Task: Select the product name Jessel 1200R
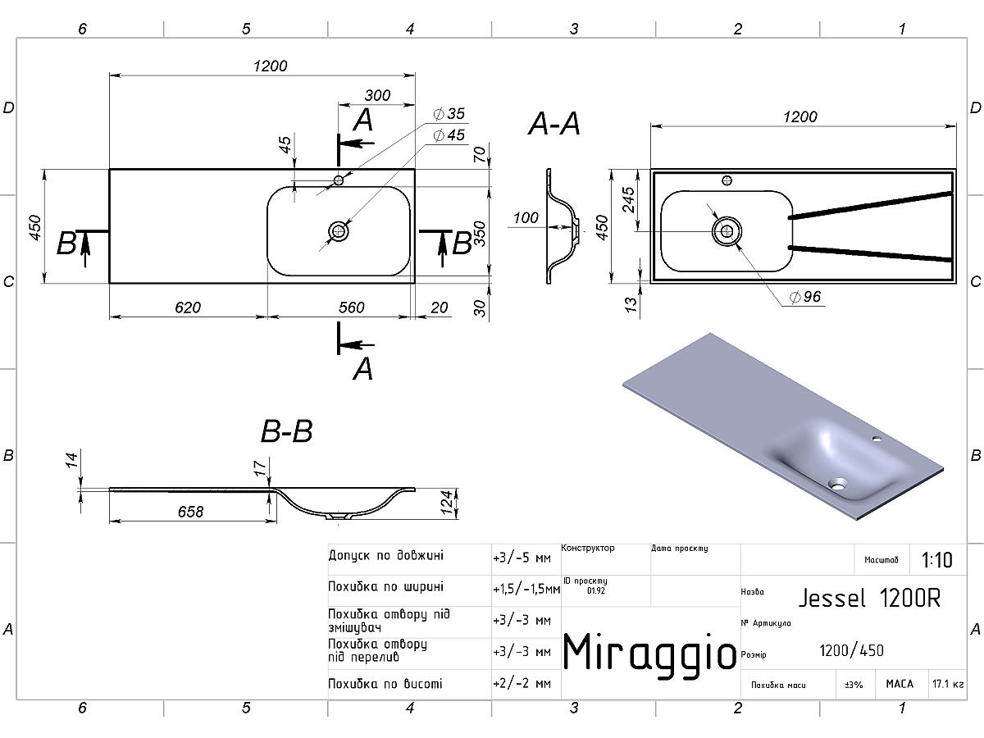point(869,598)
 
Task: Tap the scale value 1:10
point(937,560)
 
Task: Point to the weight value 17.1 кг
point(947,683)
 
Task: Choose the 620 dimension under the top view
point(188,307)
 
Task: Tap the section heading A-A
point(554,125)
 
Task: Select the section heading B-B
point(286,431)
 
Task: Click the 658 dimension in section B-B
point(189,512)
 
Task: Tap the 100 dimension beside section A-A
point(525,218)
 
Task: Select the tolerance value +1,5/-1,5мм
point(526,589)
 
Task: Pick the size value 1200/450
point(851,651)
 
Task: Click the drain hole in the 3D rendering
point(838,484)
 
